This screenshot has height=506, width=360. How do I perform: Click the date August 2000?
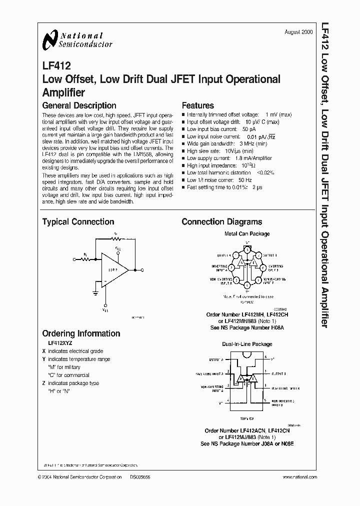(299, 31)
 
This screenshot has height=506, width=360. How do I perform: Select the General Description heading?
(79, 105)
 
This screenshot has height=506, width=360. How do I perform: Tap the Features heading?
(197, 105)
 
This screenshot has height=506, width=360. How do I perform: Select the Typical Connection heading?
(78, 222)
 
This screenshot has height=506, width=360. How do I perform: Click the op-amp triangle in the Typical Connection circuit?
(114, 270)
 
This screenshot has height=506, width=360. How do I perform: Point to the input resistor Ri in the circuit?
(85, 259)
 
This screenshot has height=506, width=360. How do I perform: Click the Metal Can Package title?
(247, 233)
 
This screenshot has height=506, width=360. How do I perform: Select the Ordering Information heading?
(81, 333)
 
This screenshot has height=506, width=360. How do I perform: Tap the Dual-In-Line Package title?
(247, 344)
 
